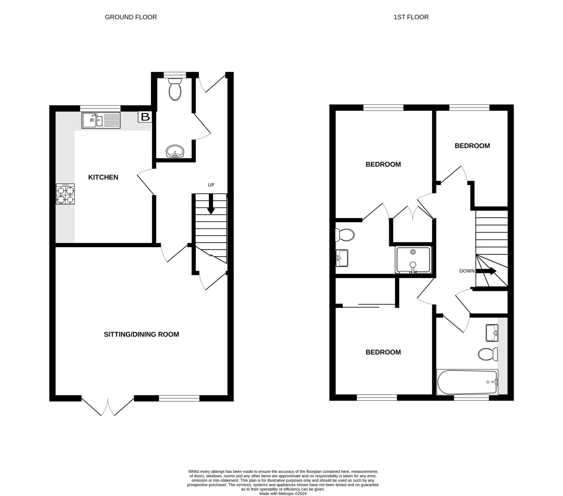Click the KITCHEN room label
[103, 177]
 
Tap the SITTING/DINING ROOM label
[141, 334]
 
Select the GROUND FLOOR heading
[131, 17]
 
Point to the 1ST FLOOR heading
[411, 17]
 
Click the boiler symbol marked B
[145, 117]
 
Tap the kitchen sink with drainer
[101, 120]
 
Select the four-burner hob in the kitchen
[65, 194]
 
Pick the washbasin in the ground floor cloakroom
[175, 152]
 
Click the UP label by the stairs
[211, 185]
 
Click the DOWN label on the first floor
[467, 271]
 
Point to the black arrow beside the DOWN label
[486, 271]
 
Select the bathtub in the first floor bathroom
[467, 382]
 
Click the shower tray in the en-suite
[413, 260]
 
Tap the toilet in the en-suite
[345, 235]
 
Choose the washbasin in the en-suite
[342, 258]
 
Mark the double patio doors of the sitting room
[108, 406]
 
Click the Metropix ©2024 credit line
[283, 494]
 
